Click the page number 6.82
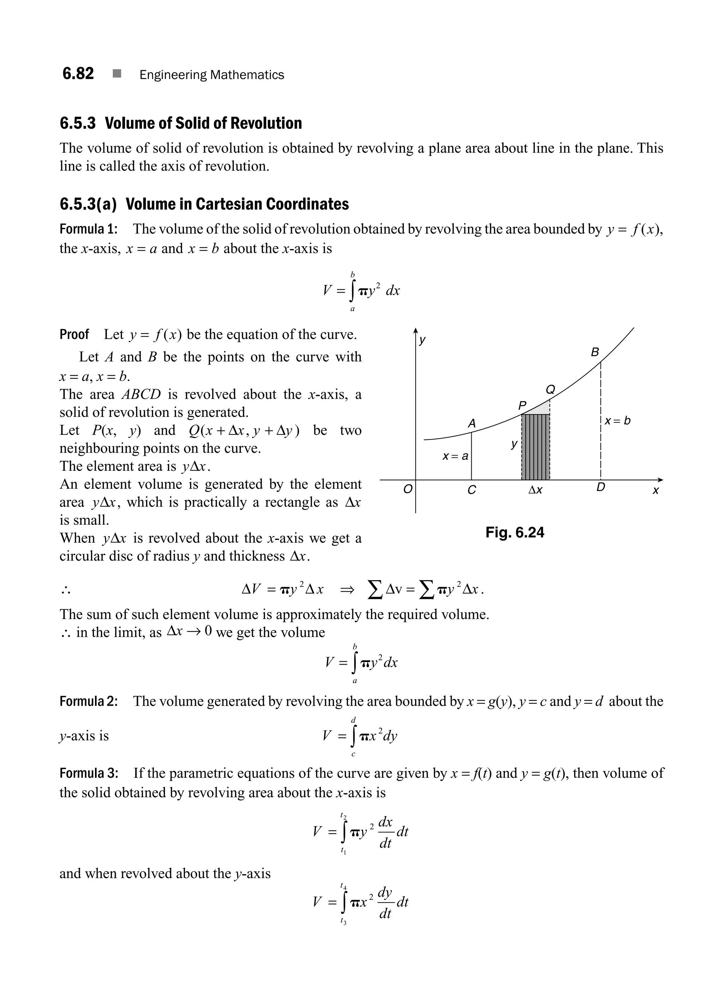pos(78,73)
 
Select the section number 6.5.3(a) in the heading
pos(88,204)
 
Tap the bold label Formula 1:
pos(88,229)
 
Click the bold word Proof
pos(74,334)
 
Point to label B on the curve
pos(595,352)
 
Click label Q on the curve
pos(550,389)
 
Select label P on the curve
pos(522,405)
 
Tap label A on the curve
pos(471,423)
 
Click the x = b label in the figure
pos(617,421)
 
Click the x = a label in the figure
pos(455,456)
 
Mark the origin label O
pos(407,489)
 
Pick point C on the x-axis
pos(471,490)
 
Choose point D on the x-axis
pos(601,487)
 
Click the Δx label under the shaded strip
pos(535,490)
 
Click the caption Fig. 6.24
pos(515,532)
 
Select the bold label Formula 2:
pos(88,701)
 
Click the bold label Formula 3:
pos(88,773)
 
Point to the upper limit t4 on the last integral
pos(343,886)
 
